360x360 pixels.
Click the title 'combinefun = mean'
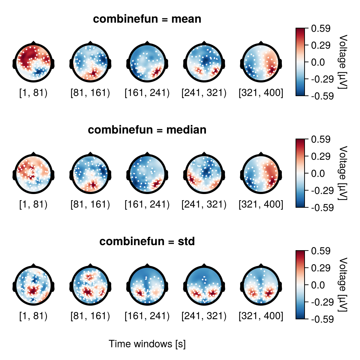(147, 19)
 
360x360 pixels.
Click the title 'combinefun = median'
(147, 130)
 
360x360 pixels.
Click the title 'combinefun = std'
(147, 242)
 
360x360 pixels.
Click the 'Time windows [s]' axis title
(147, 344)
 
